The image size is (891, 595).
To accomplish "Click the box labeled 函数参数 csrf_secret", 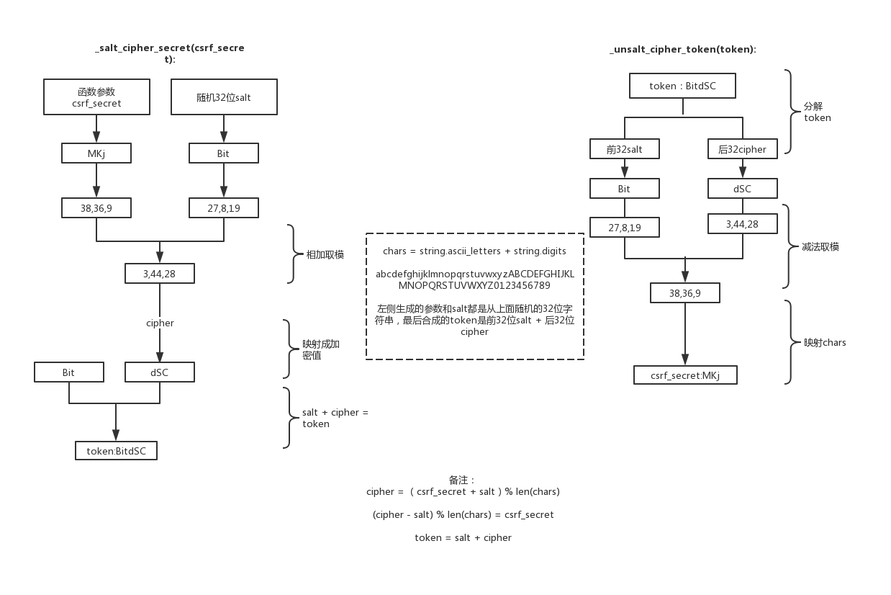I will (96, 97).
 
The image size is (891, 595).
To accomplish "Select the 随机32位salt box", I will (224, 97).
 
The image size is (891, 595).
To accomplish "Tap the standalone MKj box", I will (96, 153).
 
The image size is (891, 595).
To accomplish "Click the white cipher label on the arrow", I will (160, 323).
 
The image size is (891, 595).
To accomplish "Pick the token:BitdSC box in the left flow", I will (116, 451).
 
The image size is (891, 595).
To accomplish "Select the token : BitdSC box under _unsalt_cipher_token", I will (682, 86).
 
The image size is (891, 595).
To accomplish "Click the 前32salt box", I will (624, 149).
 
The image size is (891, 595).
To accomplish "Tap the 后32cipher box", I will (742, 149).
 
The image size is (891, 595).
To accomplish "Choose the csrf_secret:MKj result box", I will (684, 375).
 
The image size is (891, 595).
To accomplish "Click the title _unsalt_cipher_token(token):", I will (682, 50).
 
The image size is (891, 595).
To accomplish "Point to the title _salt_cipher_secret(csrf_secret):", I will (170, 53).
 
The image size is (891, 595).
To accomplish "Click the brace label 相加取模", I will (325, 254).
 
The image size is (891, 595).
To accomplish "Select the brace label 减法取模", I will (820, 246).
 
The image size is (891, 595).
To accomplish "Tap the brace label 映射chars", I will (825, 342).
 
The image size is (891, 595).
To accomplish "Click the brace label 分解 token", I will (817, 112).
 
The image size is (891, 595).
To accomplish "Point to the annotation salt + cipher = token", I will (335, 418).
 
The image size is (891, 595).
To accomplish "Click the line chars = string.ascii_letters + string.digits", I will (474, 251).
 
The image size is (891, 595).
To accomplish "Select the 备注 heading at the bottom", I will (462, 480).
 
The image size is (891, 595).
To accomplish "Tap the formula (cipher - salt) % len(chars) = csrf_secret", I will (463, 514).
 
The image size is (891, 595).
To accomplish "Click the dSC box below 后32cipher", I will (742, 189).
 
